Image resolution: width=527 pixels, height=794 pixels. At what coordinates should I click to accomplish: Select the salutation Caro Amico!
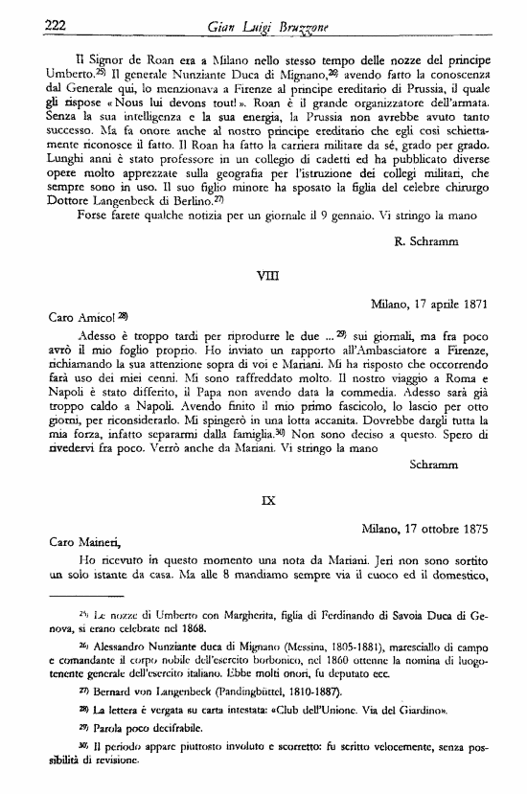click(80, 317)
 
